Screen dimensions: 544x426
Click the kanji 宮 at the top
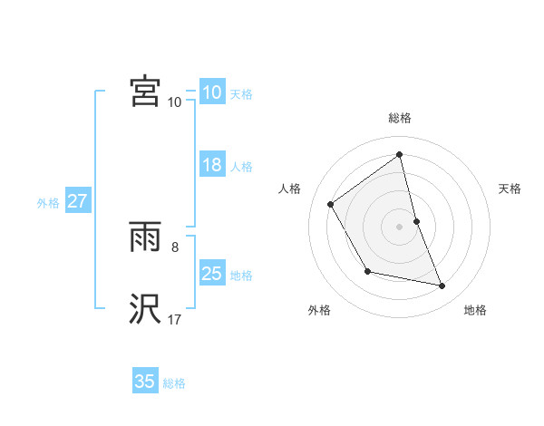coord(145,92)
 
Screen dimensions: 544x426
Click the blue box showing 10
coord(211,92)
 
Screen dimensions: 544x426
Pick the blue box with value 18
coord(211,166)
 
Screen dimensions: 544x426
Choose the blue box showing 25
coord(211,274)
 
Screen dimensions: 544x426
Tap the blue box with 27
coord(77,202)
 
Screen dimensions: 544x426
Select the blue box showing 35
coord(145,382)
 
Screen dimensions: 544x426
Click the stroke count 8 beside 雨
coord(175,245)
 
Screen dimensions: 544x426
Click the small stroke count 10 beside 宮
coord(174,102)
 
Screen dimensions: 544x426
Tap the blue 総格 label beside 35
coord(174,383)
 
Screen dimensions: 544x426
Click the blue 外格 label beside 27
coord(48,203)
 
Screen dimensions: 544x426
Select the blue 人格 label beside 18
coord(241,167)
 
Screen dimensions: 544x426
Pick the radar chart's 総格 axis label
coord(399,119)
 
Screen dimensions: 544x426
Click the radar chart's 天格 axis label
coord(510,189)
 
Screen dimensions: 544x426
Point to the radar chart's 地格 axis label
coord(475,311)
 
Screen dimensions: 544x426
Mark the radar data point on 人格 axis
coord(331,204)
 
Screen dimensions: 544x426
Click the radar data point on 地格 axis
coord(442,286)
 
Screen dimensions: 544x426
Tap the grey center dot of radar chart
coord(399,226)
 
